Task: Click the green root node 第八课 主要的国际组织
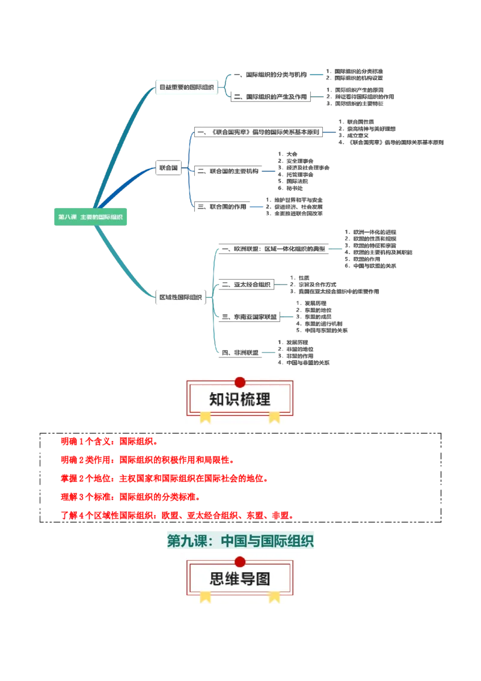coord(91,217)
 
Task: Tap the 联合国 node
coord(168,168)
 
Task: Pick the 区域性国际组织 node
coord(180,297)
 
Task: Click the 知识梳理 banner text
coord(240,399)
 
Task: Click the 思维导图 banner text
coord(240,579)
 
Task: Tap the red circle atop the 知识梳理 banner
coord(240,382)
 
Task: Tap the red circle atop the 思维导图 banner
coord(240,561)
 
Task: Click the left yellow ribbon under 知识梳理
coord(205,417)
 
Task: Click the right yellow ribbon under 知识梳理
coord(274,417)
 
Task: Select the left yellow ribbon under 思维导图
coord(205,596)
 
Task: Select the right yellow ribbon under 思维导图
coord(274,596)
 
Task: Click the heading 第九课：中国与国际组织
coord(240,541)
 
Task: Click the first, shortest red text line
coord(108,442)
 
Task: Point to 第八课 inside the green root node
coord(67,217)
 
